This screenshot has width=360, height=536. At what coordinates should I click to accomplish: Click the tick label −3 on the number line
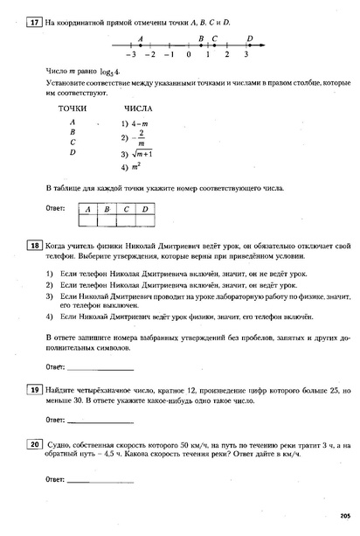tap(129, 54)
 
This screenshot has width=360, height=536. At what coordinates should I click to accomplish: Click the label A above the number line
tap(141, 38)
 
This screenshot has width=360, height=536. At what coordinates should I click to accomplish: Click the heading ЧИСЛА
tap(138, 108)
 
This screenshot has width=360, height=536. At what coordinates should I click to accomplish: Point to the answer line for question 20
tap(100, 481)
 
